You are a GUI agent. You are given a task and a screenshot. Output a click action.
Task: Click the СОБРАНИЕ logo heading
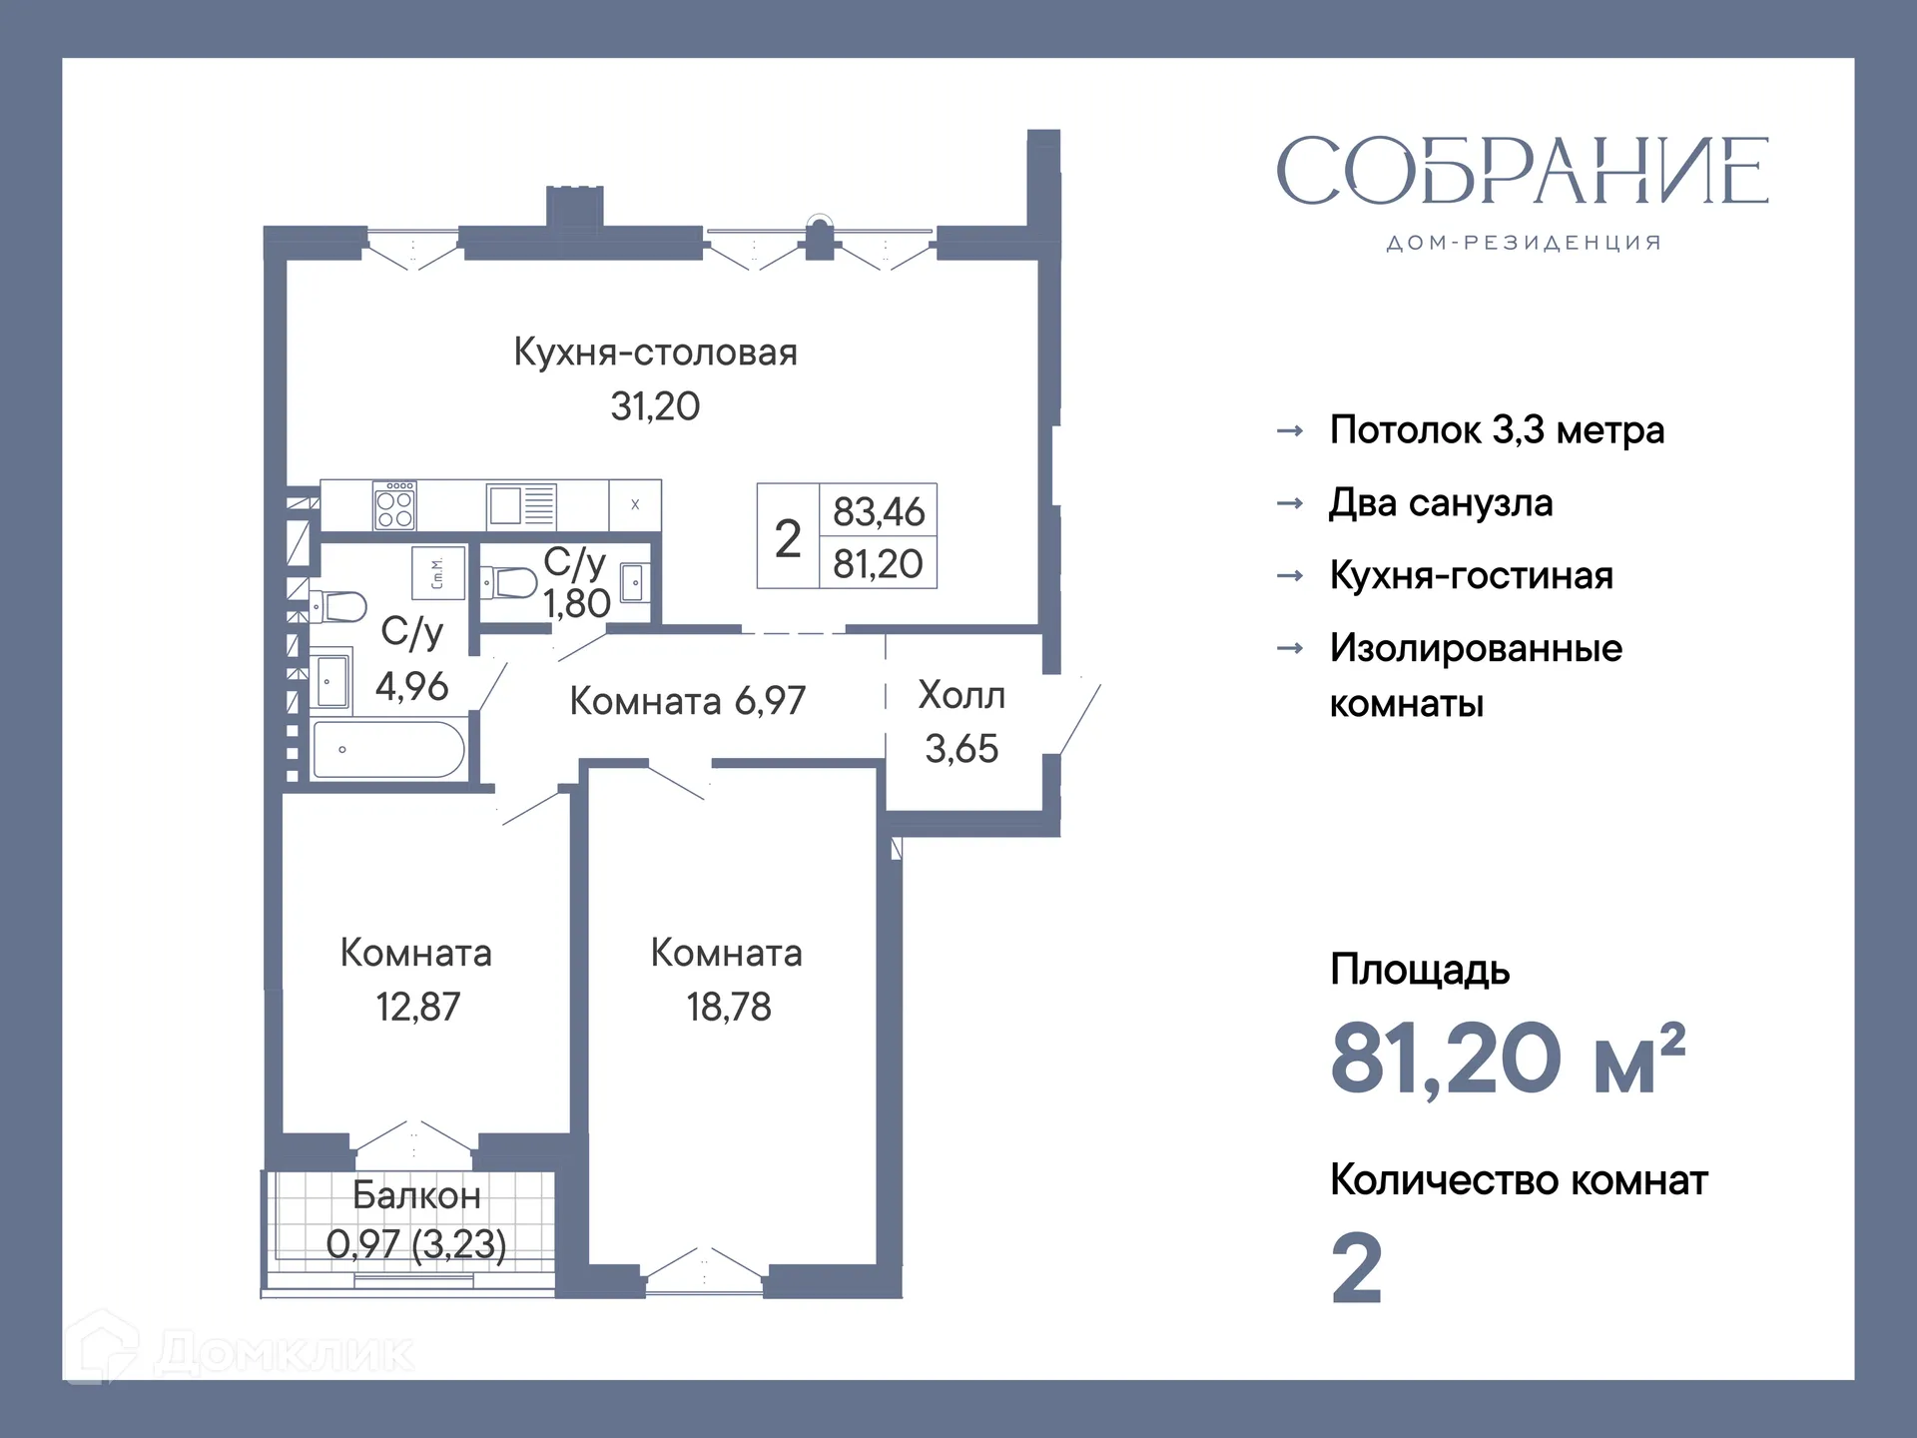click(1522, 172)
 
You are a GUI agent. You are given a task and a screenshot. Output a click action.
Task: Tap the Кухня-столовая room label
click(655, 353)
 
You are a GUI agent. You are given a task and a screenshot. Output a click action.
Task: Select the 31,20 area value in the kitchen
click(655, 406)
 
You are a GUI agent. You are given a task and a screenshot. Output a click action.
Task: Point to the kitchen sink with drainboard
click(521, 505)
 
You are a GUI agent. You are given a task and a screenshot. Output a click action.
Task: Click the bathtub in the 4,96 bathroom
click(388, 750)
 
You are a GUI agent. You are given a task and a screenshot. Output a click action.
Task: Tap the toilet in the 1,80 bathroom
click(510, 582)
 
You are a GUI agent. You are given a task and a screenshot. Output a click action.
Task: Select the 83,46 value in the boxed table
click(879, 511)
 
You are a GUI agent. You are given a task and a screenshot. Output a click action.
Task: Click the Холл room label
click(960, 695)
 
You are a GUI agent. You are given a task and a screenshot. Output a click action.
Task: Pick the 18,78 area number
click(729, 1007)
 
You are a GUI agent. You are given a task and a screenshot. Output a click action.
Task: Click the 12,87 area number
click(417, 1007)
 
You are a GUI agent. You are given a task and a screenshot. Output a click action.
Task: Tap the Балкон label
click(416, 1195)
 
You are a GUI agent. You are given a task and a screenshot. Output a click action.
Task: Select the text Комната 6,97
click(687, 701)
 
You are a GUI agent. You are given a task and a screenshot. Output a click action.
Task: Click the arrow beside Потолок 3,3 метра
click(1290, 431)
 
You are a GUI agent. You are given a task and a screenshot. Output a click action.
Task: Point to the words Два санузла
click(1441, 503)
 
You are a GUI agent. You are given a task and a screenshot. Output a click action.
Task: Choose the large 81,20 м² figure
click(1508, 1059)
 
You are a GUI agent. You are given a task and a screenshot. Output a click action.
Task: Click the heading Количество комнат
click(1519, 1180)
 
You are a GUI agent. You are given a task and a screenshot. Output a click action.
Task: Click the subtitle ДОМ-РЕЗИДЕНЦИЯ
click(1524, 243)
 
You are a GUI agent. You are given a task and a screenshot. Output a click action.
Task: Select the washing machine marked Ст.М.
click(438, 572)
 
